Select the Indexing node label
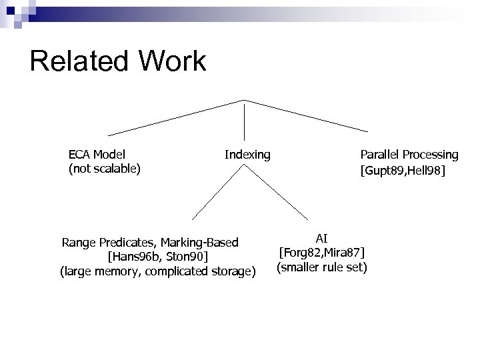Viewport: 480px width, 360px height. (x=247, y=155)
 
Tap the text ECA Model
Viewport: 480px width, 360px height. (x=97, y=155)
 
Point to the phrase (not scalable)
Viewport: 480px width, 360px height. (x=105, y=169)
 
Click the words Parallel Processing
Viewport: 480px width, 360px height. (x=409, y=155)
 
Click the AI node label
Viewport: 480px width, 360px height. (x=322, y=238)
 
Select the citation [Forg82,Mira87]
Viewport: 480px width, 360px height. (x=322, y=253)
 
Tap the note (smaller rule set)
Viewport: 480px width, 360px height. (x=322, y=267)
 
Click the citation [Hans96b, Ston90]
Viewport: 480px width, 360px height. (x=158, y=257)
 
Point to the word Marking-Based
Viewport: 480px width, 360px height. (x=200, y=242)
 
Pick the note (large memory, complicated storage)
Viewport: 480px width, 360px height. (x=158, y=271)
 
